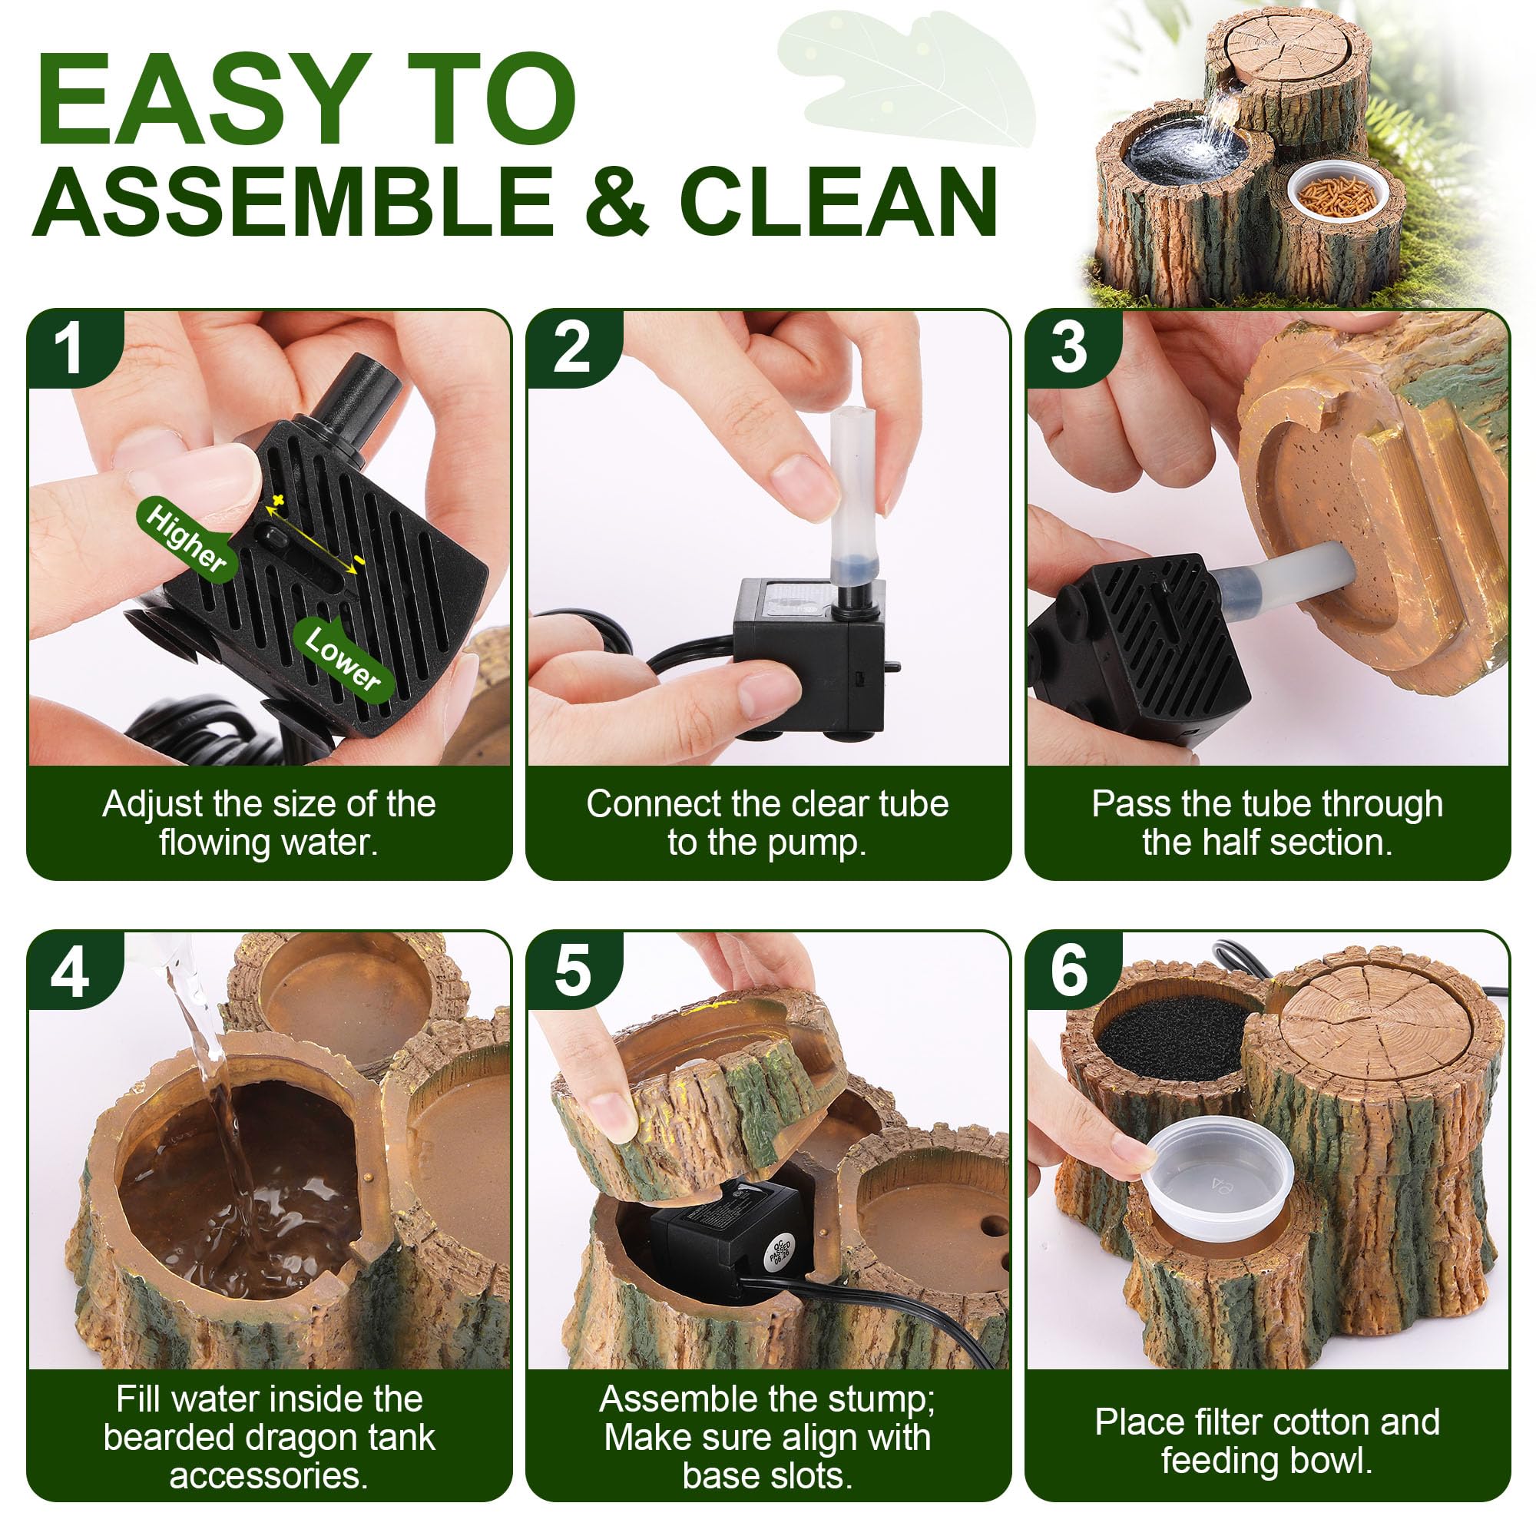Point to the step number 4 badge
(71, 973)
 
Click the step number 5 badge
(570, 973)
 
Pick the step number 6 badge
(1068, 973)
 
